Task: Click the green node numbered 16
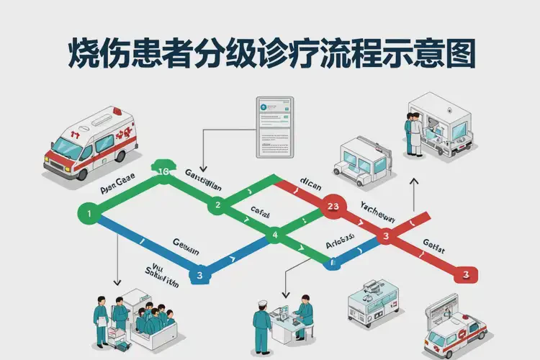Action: [x=163, y=171]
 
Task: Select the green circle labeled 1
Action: [x=88, y=214]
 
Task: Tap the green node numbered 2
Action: [x=217, y=206]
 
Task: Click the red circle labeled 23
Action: [x=332, y=207]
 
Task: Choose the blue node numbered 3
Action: [x=200, y=274]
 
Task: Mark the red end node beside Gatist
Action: [x=466, y=274]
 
